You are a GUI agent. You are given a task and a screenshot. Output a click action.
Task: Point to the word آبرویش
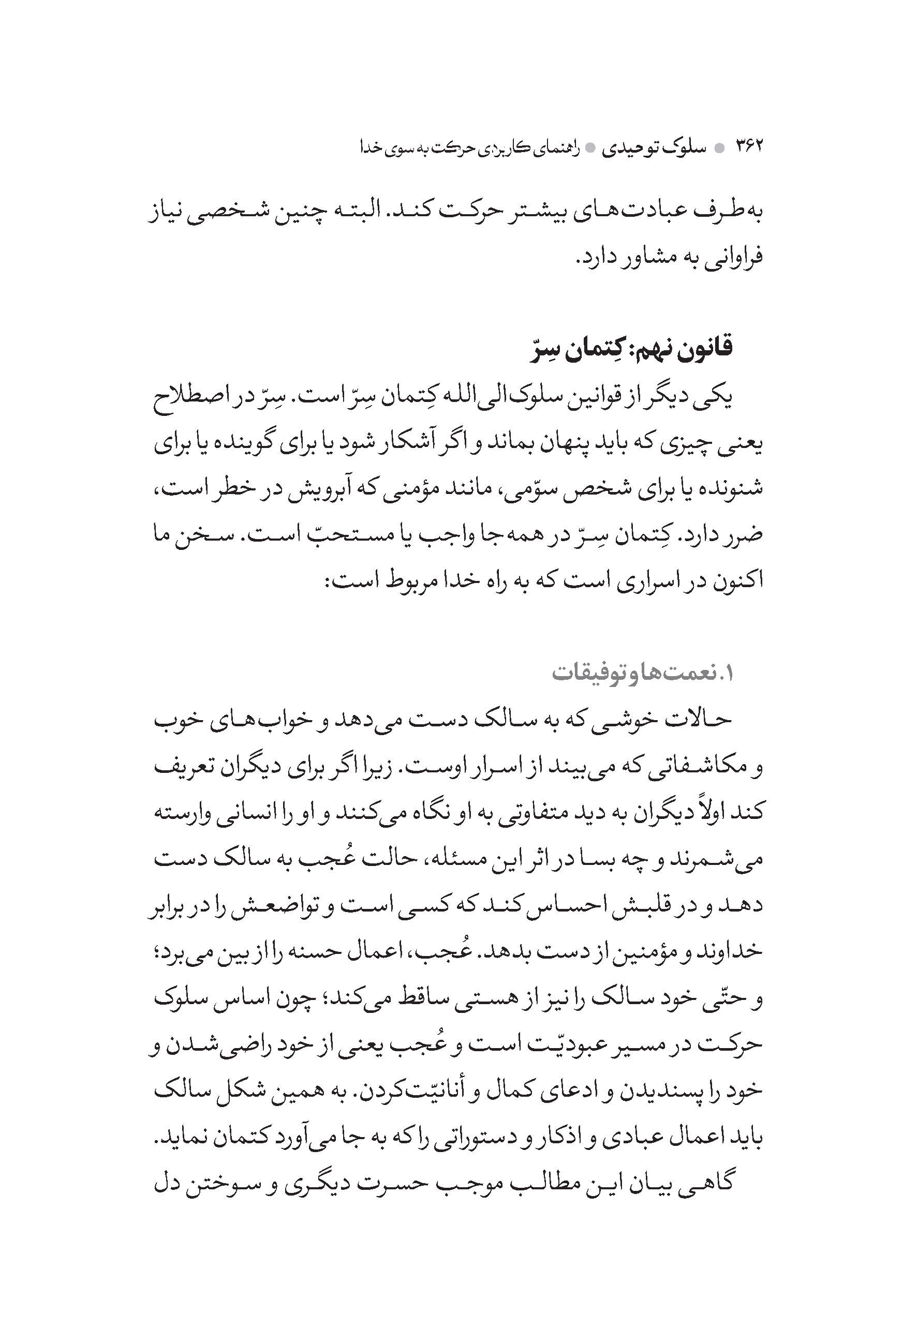(343, 489)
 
